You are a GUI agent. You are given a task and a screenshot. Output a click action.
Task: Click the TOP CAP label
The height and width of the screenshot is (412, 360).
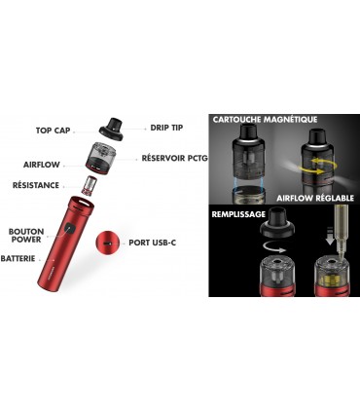point(57,130)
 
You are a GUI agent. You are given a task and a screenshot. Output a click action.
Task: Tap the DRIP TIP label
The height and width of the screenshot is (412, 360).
point(164,127)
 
